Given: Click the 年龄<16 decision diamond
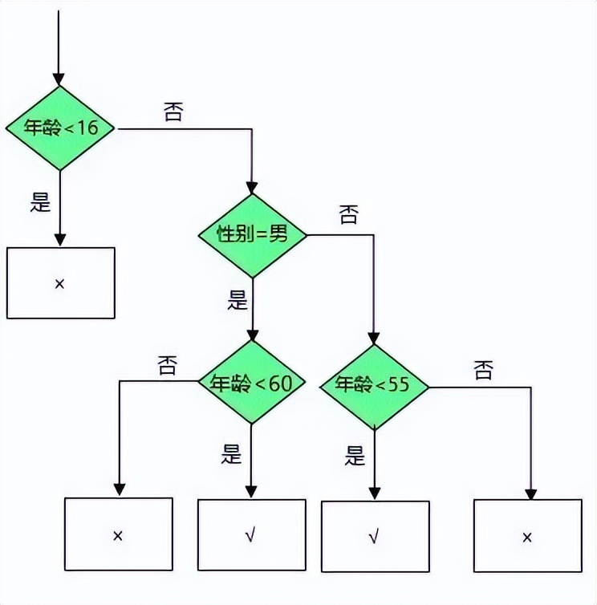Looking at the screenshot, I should pyautogui.click(x=59, y=128).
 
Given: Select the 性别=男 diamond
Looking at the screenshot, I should pyautogui.click(x=253, y=234).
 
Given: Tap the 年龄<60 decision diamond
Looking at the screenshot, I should pyautogui.click(x=252, y=383).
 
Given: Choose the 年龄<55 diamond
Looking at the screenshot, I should pyautogui.click(x=374, y=385).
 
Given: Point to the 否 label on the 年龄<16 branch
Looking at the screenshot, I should pyautogui.click(x=173, y=111).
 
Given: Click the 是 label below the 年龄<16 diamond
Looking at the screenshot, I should pyautogui.click(x=40, y=202).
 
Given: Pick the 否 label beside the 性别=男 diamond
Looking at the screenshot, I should pyautogui.click(x=348, y=214).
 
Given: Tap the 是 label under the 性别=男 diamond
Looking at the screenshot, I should pyautogui.click(x=237, y=301).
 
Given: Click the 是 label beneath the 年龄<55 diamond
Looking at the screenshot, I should pyautogui.click(x=355, y=457).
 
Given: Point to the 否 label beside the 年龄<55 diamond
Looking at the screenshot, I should pyautogui.click(x=483, y=370).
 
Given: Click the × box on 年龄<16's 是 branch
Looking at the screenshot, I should pyautogui.click(x=60, y=282).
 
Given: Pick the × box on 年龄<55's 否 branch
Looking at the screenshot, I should pyautogui.click(x=527, y=536).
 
